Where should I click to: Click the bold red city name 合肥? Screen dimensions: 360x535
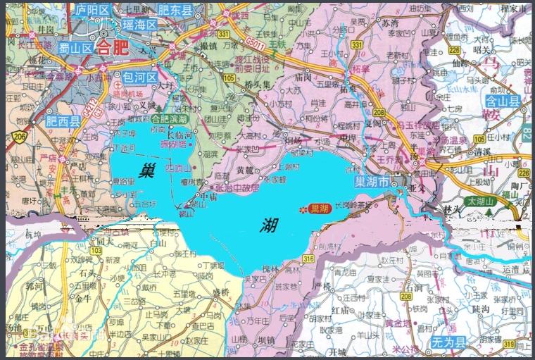click(x=113, y=48)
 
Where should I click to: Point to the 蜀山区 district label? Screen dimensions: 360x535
click(x=76, y=48)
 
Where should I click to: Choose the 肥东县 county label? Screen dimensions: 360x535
click(x=175, y=10)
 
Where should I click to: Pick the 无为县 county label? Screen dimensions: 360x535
click(x=451, y=343)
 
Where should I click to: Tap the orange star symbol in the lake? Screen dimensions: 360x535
click(x=303, y=209)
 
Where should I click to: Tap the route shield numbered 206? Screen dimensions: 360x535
click(x=18, y=136)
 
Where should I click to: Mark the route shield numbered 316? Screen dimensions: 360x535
click(x=309, y=261)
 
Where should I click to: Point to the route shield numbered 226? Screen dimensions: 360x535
click(x=454, y=50)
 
